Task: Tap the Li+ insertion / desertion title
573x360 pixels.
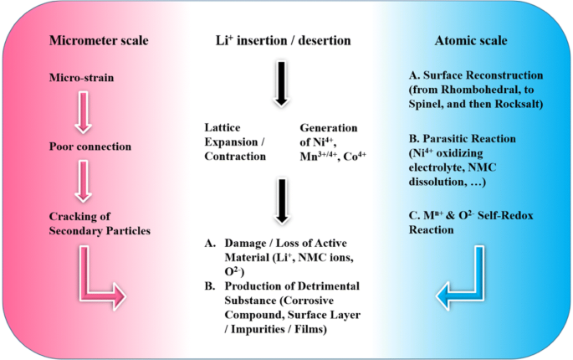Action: (x=283, y=40)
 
